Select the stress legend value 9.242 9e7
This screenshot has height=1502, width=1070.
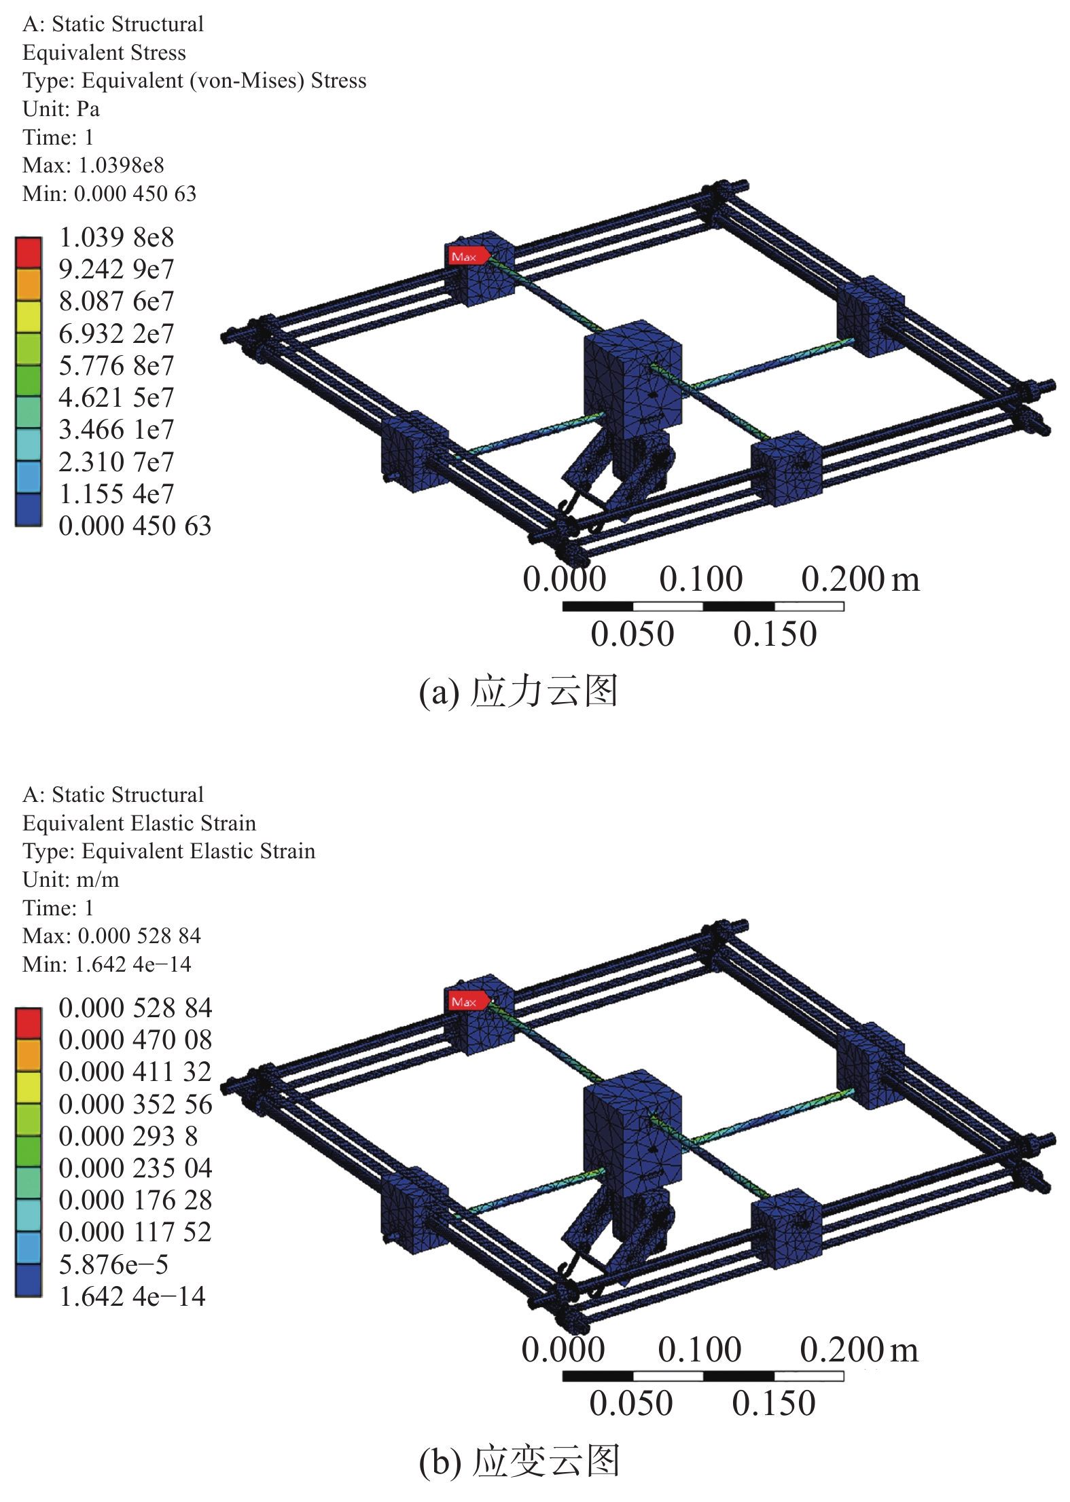tap(117, 270)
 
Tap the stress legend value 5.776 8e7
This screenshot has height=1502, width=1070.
tap(117, 366)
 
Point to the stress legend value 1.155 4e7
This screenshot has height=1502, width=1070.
tap(117, 494)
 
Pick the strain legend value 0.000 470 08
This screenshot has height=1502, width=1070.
tap(135, 1040)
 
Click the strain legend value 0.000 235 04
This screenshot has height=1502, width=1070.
tap(135, 1168)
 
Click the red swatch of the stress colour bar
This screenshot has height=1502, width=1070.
tap(29, 253)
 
